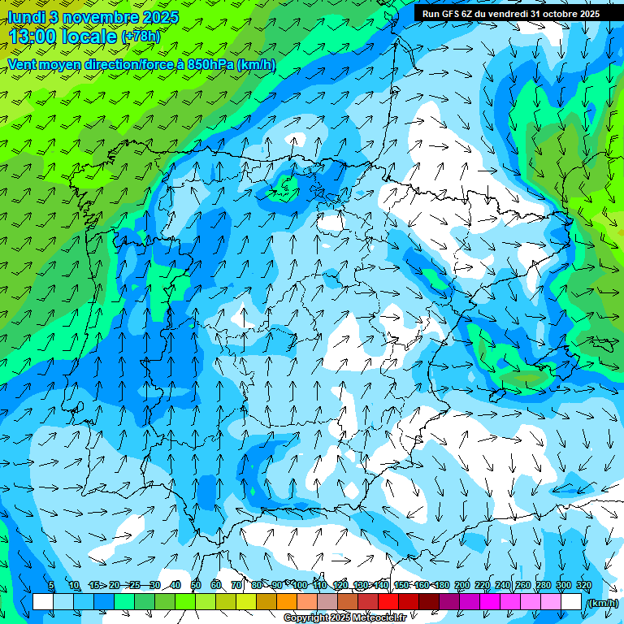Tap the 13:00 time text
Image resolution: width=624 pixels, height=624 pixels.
[x=32, y=36]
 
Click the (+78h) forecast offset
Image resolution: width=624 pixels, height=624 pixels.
[x=141, y=37]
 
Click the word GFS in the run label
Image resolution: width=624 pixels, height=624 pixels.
[x=451, y=13]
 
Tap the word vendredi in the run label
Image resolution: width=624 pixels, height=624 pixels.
[x=504, y=13]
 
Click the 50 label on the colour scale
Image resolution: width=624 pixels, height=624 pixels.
[x=196, y=586]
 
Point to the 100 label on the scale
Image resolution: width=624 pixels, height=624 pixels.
[x=300, y=586]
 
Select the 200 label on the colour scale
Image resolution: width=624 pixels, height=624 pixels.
[x=462, y=586]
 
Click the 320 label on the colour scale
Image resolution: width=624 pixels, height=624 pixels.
[x=583, y=586]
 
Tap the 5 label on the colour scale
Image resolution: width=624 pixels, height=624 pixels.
[x=51, y=586]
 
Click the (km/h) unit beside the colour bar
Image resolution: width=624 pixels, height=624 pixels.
[x=602, y=603]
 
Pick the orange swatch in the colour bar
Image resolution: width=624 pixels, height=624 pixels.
[x=287, y=602]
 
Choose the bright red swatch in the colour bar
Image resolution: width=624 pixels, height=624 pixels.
[x=388, y=602]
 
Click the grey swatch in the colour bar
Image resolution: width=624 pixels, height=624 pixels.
[x=327, y=602]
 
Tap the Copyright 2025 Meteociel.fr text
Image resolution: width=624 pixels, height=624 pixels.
[x=344, y=618]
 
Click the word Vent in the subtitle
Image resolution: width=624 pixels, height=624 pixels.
[x=23, y=64]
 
